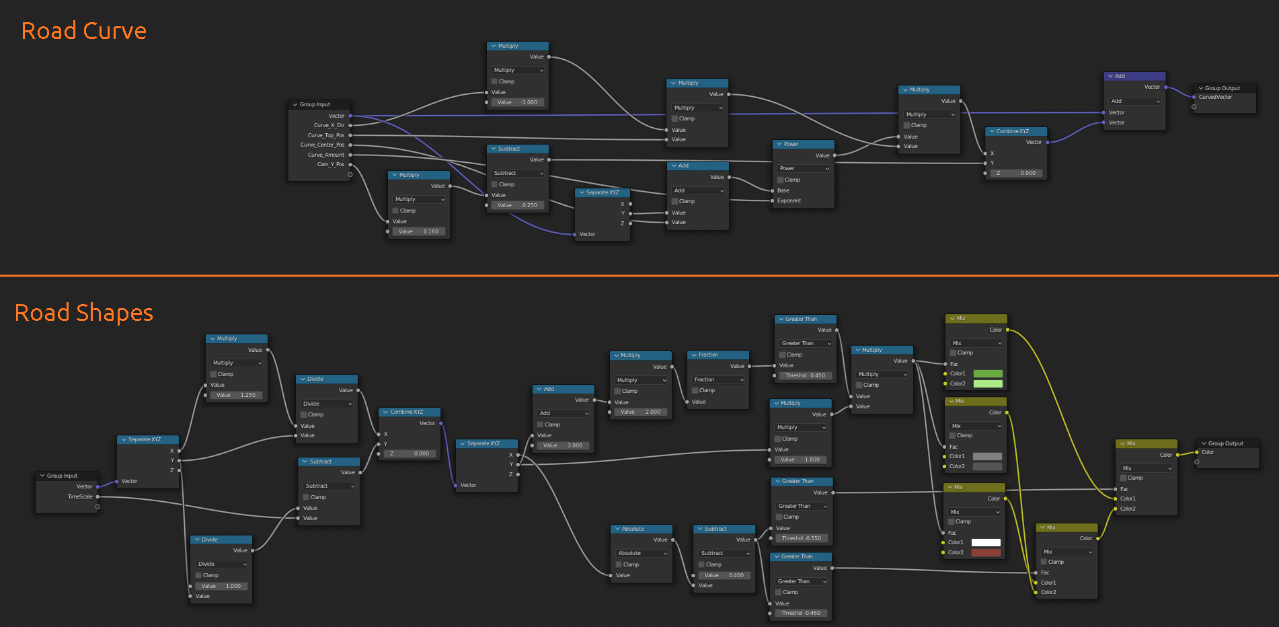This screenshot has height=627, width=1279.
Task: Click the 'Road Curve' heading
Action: tap(84, 31)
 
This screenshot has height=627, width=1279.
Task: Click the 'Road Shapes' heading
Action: tap(84, 313)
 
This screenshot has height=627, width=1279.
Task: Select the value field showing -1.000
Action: tap(518, 102)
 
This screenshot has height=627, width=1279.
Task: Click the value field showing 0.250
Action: tap(518, 205)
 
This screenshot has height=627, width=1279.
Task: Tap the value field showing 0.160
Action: tap(419, 231)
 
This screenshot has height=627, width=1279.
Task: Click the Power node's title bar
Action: tap(804, 144)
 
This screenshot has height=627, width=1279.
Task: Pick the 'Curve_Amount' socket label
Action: tap(326, 155)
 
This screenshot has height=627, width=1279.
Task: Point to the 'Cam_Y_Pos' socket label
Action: tap(330, 164)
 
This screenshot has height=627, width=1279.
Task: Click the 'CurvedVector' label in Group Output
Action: tap(1216, 97)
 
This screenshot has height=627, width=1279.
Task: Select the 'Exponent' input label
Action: tap(789, 200)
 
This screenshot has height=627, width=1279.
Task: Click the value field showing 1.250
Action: tap(237, 395)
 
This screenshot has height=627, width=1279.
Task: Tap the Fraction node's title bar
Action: tap(718, 355)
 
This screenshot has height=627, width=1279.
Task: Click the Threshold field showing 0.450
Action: tap(804, 375)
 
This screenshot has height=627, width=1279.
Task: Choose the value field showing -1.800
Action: tap(801, 459)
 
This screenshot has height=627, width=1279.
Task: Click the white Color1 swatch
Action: tap(986, 542)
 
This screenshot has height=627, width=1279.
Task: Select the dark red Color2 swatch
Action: tap(986, 552)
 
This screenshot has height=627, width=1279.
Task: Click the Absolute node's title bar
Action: tap(642, 529)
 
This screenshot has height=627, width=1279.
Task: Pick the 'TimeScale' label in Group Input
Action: tap(80, 496)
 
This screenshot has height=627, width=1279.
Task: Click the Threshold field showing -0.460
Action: tap(801, 613)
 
